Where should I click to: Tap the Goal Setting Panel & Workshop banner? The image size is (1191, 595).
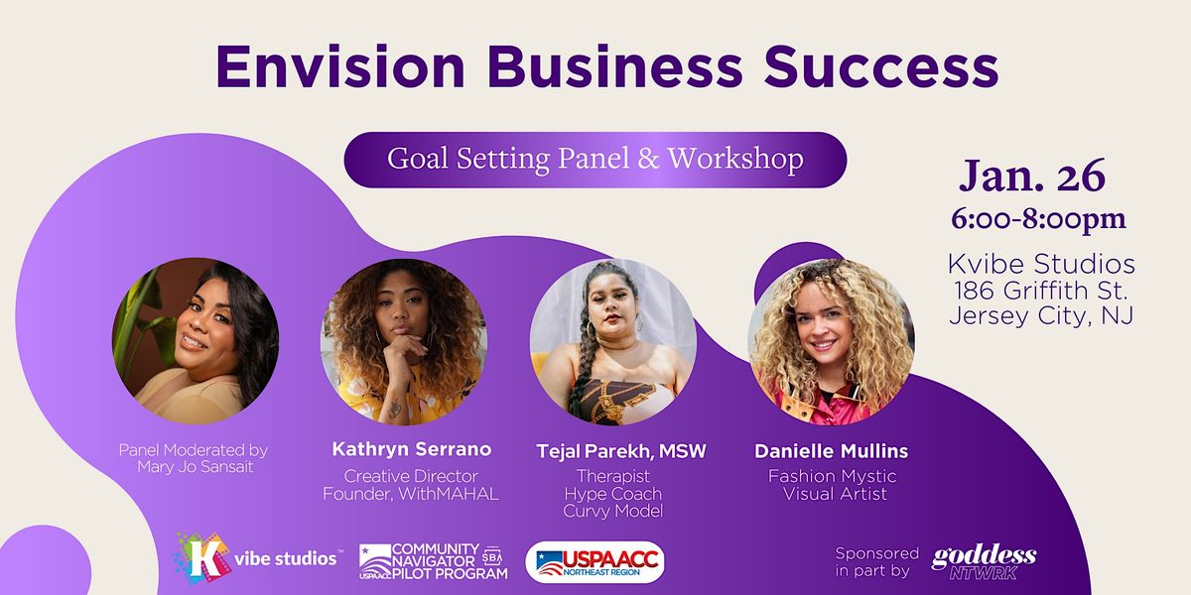click(x=595, y=159)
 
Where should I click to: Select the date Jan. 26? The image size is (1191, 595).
click(x=1031, y=176)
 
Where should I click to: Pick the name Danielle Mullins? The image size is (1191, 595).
click(x=831, y=451)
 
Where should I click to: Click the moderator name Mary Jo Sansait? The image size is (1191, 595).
click(x=195, y=467)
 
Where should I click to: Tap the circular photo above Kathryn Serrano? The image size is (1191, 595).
click(x=403, y=341)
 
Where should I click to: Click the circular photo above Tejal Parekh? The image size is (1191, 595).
click(x=612, y=341)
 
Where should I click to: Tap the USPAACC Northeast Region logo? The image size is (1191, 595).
click(x=595, y=561)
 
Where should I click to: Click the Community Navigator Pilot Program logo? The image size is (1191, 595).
click(x=434, y=561)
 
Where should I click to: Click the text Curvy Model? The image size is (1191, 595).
click(x=612, y=511)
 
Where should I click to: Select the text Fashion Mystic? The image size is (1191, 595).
click(x=832, y=476)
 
